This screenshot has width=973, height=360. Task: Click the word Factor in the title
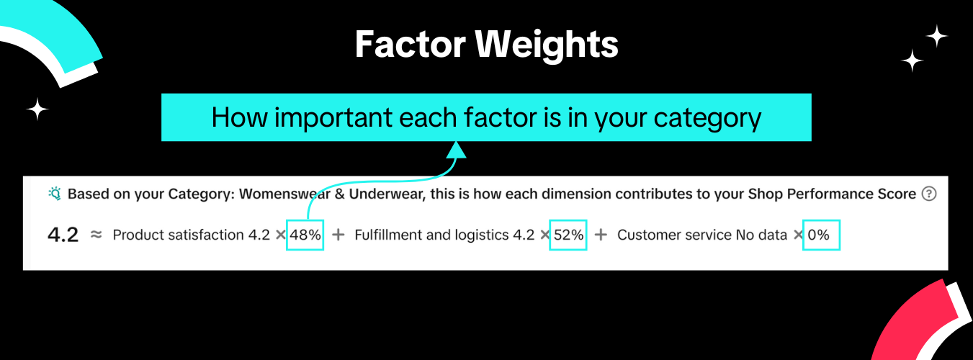411,45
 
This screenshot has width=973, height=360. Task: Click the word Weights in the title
547,45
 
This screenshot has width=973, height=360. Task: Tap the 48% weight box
305,235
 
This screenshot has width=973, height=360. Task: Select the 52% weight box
568,235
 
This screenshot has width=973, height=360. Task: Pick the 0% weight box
822,235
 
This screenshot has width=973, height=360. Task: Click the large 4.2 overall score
63,235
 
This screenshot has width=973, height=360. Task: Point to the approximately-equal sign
96,235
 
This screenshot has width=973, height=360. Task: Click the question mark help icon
929,194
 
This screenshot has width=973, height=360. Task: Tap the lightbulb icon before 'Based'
55,194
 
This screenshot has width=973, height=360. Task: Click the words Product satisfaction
178,235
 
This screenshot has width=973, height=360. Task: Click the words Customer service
675,235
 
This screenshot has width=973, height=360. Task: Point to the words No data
761,235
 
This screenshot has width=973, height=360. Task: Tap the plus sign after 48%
338,235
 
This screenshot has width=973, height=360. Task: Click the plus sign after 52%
601,235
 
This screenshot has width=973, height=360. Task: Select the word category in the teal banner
707,119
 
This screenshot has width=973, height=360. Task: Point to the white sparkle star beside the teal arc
37,109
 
